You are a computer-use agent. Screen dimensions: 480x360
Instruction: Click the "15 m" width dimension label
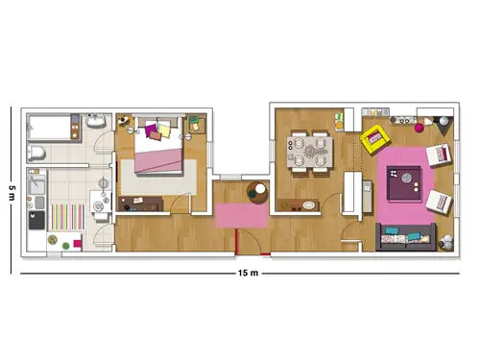pyautogui.click(x=248, y=273)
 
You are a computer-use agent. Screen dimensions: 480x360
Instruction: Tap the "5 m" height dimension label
pyautogui.click(x=12, y=192)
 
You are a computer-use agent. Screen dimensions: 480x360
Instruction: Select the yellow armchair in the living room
pyautogui.click(x=374, y=139)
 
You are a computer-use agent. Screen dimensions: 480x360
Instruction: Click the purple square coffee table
pyautogui.click(x=404, y=183)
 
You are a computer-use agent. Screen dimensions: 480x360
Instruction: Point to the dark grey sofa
pyautogui.click(x=406, y=237)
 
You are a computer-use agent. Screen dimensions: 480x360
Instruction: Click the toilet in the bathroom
pyautogui.click(x=36, y=153)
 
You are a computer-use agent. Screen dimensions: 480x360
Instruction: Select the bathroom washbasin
pyautogui.click(x=96, y=120)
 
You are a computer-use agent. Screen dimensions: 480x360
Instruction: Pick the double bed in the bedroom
pyautogui.click(x=159, y=145)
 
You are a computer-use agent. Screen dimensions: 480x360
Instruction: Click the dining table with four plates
pyautogui.click(x=310, y=152)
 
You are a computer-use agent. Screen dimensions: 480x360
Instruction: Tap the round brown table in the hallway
pyautogui.click(x=257, y=192)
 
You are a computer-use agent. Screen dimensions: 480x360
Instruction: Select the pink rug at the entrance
pyautogui.click(x=242, y=215)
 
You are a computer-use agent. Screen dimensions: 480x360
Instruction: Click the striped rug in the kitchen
pyautogui.click(x=66, y=217)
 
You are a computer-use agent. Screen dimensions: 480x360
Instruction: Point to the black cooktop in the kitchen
pyautogui.click(x=36, y=220)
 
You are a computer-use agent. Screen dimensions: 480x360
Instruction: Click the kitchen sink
pyautogui.click(x=36, y=185)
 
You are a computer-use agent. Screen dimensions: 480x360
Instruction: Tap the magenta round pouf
pyautogui.click(x=419, y=128)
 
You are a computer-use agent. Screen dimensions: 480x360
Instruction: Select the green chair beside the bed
pyautogui.click(x=194, y=120)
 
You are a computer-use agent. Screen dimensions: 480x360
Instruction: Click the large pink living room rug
pyautogui.click(x=405, y=186)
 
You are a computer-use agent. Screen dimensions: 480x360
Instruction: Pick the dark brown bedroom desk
pyautogui.click(x=140, y=204)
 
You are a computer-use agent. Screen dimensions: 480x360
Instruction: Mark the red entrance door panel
pyautogui.click(x=236, y=241)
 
